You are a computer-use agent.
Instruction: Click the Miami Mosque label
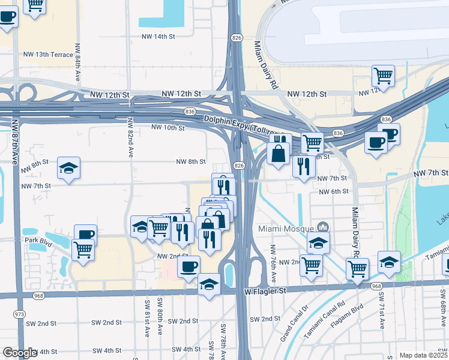[286, 229]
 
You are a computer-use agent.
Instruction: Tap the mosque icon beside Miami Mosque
[323, 227]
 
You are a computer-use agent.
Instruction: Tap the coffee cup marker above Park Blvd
[85, 235]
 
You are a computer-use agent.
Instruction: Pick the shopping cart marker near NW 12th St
[383, 76]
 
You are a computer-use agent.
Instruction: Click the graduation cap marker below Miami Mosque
[319, 242]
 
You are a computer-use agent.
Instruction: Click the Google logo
[20, 353]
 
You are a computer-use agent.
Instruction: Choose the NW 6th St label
[334, 191]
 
